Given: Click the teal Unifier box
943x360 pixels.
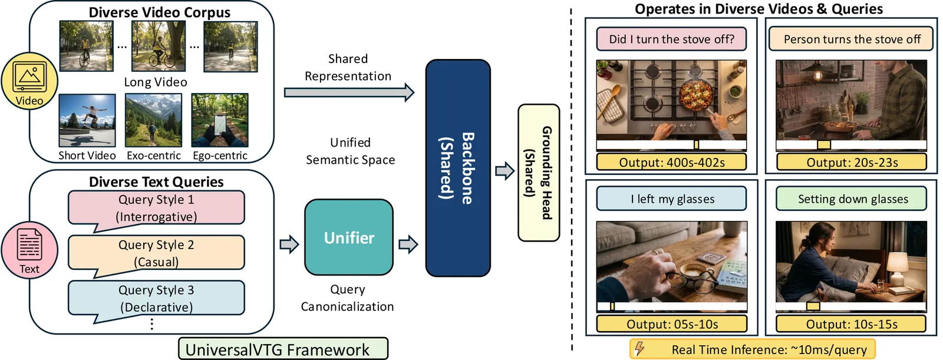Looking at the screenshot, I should click(x=349, y=237).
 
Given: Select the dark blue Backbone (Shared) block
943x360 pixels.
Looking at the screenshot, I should click(x=458, y=168).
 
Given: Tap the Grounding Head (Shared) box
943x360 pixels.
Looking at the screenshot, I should click(x=538, y=173).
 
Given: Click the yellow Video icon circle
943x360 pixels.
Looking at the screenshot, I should click(x=29, y=82).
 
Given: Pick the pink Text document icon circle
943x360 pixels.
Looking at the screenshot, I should click(x=29, y=250).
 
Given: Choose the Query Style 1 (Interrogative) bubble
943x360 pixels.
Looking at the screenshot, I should click(x=156, y=208).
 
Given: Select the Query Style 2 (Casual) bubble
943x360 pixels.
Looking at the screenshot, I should click(x=156, y=253).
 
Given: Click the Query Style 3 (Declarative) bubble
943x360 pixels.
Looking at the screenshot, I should click(x=156, y=299).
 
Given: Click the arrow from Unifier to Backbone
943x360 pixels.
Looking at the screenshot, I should click(x=408, y=244).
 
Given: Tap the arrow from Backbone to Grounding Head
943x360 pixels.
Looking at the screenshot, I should click(x=505, y=171).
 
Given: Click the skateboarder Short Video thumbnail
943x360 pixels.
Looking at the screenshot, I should click(x=87, y=120).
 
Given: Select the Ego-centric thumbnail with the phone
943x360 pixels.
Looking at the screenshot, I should click(x=220, y=120).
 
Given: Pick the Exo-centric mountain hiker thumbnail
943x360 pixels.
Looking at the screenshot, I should click(x=153, y=120).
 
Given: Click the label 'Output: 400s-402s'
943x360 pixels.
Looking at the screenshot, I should click(x=671, y=162).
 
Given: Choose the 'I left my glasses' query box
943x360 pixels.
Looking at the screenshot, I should click(x=671, y=199).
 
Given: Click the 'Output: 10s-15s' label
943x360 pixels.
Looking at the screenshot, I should click(x=850, y=324).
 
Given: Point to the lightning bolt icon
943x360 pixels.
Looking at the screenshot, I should click(x=639, y=349).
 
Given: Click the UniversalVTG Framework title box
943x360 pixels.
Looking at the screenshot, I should click(x=283, y=349).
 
